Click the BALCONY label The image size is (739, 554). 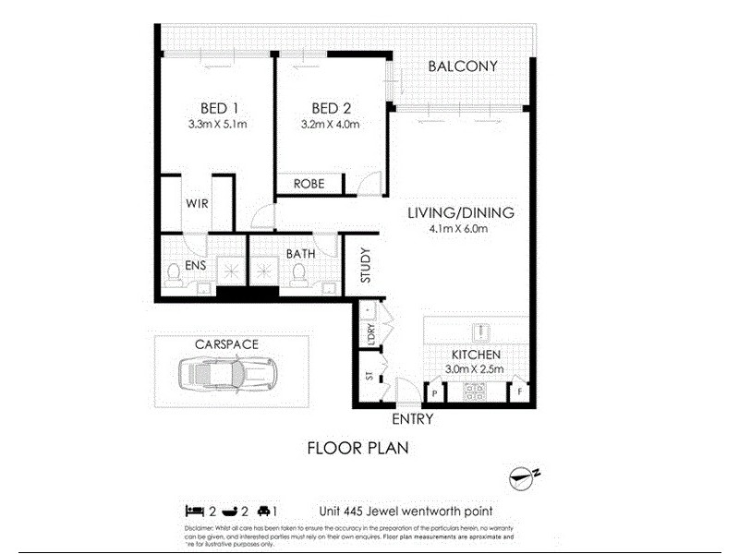pyautogui.click(x=463, y=66)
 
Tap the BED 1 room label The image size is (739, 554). pyautogui.click(x=218, y=108)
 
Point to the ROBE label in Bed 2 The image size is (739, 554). pyautogui.click(x=309, y=184)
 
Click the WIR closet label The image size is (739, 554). pyautogui.click(x=196, y=201)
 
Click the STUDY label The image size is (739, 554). pyautogui.click(x=366, y=265)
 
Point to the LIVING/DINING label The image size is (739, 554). pyautogui.click(x=461, y=212)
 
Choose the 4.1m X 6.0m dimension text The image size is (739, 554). pyautogui.click(x=461, y=230)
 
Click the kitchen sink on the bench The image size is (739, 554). pyautogui.click(x=479, y=331)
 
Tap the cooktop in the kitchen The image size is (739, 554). pyautogui.click(x=476, y=391)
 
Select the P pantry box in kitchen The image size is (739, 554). pyautogui.click(x=434, y=392)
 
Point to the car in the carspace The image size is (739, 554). pyautogui.click(x=225, y=374)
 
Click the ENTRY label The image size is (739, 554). pyautogui.click(x=412, y=418)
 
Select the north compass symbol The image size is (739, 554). pyautogui.click(x=523, y=477)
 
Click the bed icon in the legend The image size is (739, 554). pyautogui.click(x=193, y=510)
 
